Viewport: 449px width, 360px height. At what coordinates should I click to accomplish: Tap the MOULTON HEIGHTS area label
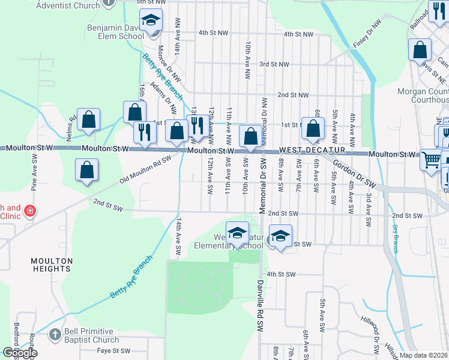(52, 265)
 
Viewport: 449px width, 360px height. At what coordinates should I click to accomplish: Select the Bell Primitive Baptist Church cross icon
(55, 334)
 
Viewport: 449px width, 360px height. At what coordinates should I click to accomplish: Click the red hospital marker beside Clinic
(30, 211)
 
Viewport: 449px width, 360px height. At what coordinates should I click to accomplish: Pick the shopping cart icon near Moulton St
(430, 159)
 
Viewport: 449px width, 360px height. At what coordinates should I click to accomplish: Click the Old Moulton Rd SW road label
(145, 170)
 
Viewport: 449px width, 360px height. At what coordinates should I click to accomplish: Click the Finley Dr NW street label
(367, 34)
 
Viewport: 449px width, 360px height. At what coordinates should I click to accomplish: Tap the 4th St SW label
(281, 274)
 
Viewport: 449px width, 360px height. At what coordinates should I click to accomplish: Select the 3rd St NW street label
(274, 64)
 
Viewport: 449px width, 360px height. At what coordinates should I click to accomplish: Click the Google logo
(19, 353)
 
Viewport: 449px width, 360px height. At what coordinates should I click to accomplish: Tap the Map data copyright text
(424, 355)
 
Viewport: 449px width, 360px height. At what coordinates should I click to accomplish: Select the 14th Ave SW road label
(178, 239)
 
